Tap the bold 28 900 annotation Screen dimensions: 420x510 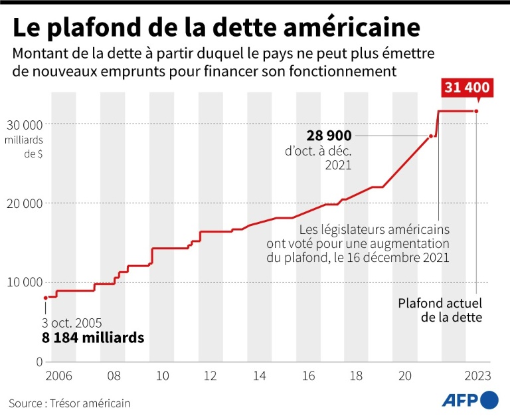[329, 136]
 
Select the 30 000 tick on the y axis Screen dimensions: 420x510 [25, 124]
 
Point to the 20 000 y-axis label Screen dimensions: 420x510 [25, 203]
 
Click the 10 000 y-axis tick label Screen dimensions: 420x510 [25, 282]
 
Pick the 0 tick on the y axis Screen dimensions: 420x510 [39, 362]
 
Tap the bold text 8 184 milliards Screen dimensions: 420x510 [93, 338]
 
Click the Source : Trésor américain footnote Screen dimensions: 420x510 [70, 403]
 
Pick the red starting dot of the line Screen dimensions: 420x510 [45, 297]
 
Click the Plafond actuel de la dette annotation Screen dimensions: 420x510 [440, 310]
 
